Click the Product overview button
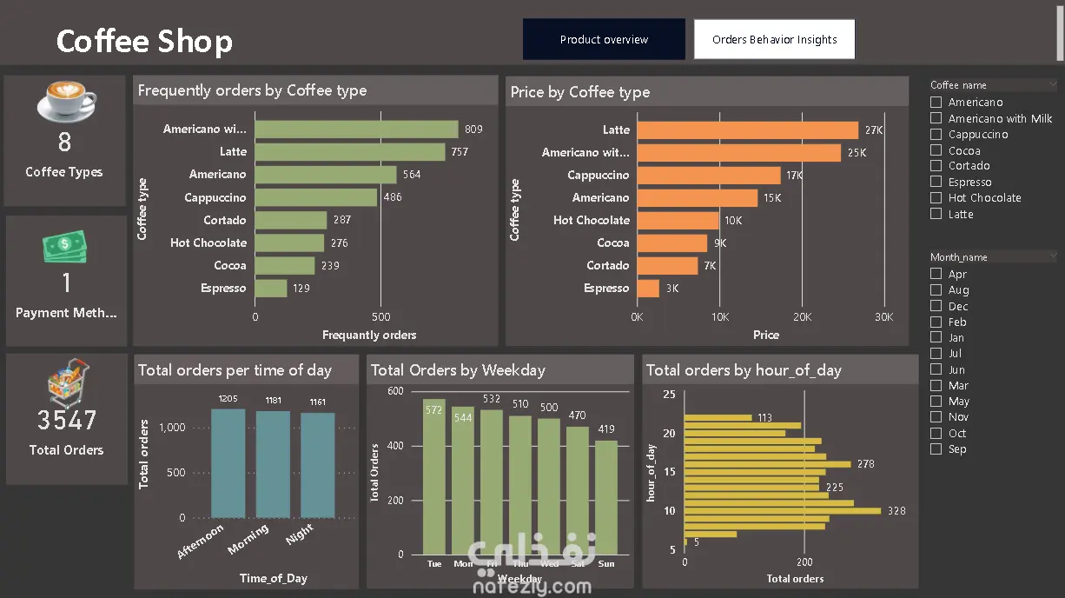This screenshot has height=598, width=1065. pyautogui.click(x=604, y=40)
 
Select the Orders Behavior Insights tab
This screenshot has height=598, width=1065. pyautogui.click(x=774, y=40)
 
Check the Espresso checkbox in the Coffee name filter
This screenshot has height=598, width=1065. pyautogui.click(x=936, y=182)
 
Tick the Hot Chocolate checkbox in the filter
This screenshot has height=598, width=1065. pyautogui.click(x=936, y=197)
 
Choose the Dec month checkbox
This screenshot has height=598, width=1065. pyautogui.click(x=936, y=306)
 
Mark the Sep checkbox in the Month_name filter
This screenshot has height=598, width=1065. pyautogui.click(x=936, y=449)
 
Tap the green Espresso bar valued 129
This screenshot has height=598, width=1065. pyautogui.click(x=271, y=289)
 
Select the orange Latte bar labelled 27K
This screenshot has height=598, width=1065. pyautogui.click(x=747, y=130)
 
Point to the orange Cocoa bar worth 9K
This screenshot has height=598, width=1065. pyautogui.click(x=672, y=243)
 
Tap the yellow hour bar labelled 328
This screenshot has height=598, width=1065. pyautogui.click(x=782, y=511)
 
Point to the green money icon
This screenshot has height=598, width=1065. pyautogui.click(x=66, y=247)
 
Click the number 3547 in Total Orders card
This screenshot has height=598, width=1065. pyautogui.click(x=67, y=421)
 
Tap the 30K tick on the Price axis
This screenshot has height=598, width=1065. pyautogui.click(x=883, y=317)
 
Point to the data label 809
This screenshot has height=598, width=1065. pyautogui.click(x=473, y=130)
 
